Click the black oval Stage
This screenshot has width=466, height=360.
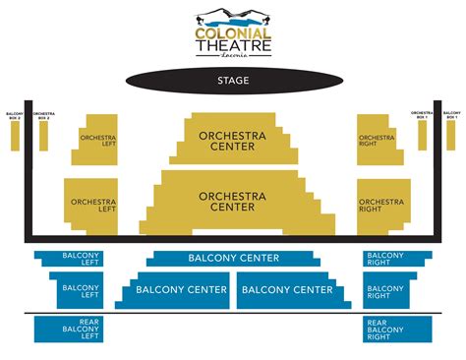[232, 80]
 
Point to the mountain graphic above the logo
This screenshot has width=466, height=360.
[233, 15]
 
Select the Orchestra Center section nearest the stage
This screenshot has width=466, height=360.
[232, 140]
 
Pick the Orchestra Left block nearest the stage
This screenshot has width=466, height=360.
[93, 141]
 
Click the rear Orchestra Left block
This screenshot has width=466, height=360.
[91, 207]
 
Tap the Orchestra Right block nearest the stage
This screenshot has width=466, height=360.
[379, 141]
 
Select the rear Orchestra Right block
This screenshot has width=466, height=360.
[382, 207]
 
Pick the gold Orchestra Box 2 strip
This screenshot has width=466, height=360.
[43, 135]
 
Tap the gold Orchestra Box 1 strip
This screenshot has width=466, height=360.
[422, 135]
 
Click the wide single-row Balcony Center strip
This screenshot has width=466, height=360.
[233, 259]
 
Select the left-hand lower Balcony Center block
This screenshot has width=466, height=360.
[177, 290]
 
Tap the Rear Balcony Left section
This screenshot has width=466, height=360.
[80, 329]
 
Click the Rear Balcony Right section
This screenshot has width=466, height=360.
[384, 329]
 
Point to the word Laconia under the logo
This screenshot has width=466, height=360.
[232, 56]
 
